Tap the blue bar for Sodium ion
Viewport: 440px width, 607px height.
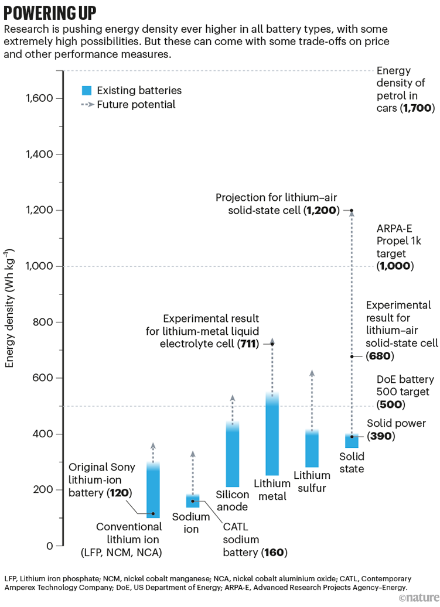click(193, 501)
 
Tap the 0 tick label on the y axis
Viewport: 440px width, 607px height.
click(50, 546)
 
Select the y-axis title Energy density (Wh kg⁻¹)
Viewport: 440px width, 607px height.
click(10, 307)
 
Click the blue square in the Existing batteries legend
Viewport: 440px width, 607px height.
click(87, 90)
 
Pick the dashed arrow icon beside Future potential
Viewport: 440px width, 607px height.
click(87, 105)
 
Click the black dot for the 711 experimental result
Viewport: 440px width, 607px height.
click(272, 344)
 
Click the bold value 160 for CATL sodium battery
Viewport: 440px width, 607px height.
click(274, 552)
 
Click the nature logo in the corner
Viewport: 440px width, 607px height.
click(417, 597)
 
